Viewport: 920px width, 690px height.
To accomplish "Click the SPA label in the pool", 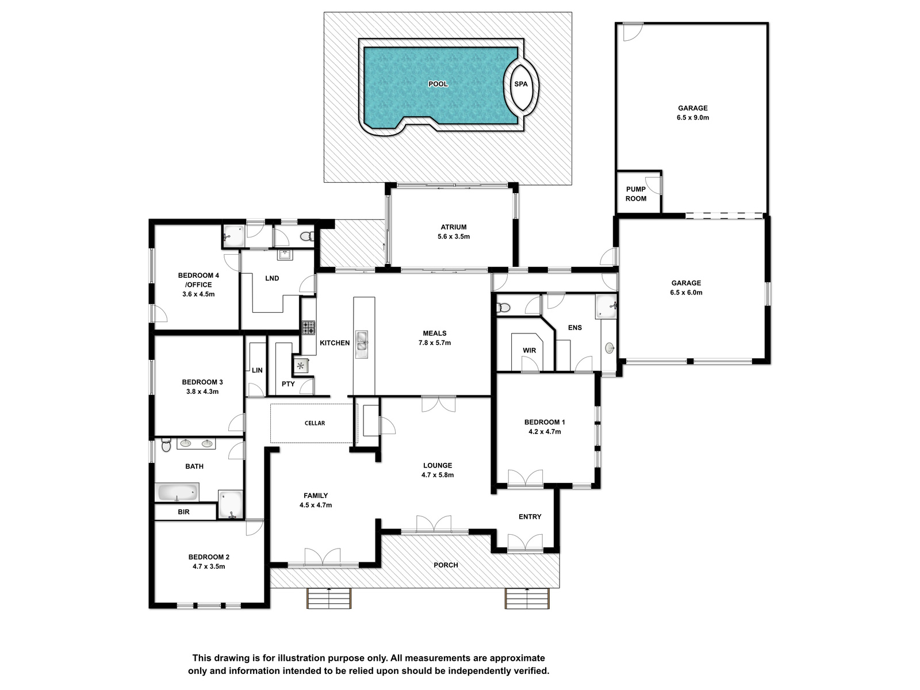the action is [x=520, y=84].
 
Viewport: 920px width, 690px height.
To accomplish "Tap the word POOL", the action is [x=438, y=84].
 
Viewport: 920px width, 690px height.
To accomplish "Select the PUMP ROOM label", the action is [x=636, y=194].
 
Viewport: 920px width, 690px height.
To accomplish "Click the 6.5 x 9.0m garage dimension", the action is [x=693, y=118].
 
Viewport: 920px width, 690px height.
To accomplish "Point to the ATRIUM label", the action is [x=454, y=227].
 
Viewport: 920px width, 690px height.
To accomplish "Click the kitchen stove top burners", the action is [x=309, y=328].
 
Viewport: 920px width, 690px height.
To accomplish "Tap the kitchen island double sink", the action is [x=361, y=344].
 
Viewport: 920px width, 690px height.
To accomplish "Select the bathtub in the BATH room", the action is [x=177, y=492].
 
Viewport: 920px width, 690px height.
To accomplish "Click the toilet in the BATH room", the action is [x=166, y=444].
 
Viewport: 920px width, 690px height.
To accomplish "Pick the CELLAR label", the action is [x=315, y=423].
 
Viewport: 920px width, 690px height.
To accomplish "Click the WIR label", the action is [x=530, y=350].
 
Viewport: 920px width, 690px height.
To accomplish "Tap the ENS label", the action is [x=575, y=328].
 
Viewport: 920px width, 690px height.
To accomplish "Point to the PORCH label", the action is [x=446, y=565].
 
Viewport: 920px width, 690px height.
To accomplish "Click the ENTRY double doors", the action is [x=525, y=542].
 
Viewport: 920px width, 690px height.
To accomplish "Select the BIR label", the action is [x=183, y=512].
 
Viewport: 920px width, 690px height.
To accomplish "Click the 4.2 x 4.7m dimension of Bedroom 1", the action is [x=545, y=431].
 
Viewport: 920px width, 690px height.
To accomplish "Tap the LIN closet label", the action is [x=258, y=370].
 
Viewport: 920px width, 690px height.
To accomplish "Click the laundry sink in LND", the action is [x=285, y=254].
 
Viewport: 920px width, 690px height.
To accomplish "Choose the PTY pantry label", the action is [x=289, y=384].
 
